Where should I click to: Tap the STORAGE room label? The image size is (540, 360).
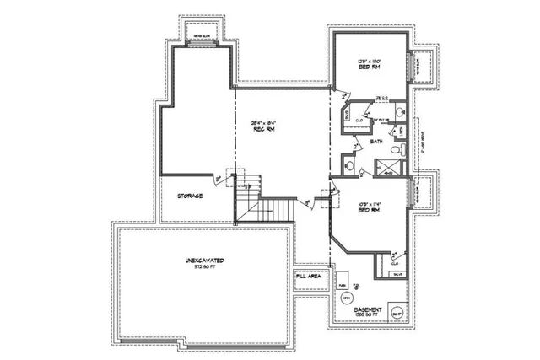[x=189, y=196]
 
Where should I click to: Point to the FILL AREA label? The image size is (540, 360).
[x=308, y=276]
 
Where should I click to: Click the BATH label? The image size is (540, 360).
[x=376, y=142]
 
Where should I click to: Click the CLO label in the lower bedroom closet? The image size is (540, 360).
[x=395, y=263]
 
